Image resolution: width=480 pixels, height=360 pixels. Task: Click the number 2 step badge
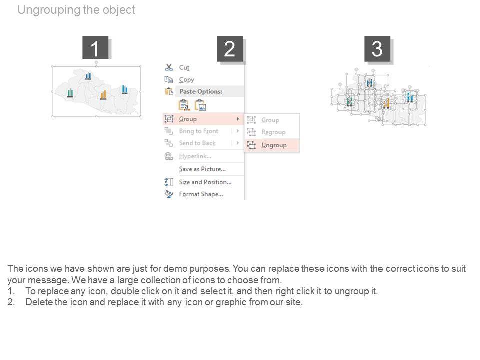[x=229, y=49]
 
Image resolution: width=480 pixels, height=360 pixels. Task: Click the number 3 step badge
[x=377, y=49]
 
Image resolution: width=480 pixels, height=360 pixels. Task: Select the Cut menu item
[x=184, y=67]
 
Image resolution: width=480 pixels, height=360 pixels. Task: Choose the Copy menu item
[x=186, y=79]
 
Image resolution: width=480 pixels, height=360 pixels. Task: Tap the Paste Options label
[x=200, y=92]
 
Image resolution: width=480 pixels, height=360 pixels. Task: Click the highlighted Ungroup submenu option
[x=274, y=145]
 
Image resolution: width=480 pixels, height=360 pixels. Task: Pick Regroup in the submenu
[x=273, y=132]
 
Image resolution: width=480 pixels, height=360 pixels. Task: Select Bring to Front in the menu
[x=198, y=131]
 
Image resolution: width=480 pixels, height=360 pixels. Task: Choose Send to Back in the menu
[x=197, y=143]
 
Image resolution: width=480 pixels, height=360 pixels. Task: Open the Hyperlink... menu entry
[x=195, y=156]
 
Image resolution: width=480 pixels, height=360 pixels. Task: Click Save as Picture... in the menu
[x=202, y=169]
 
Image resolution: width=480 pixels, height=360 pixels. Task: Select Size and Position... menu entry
[x=205, y=182]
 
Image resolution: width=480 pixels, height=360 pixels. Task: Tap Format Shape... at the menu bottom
[x=201, y=194]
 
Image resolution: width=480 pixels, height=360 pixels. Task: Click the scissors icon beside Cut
[x=169, y=67]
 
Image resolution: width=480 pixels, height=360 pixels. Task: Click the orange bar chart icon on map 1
[x=103, y=95]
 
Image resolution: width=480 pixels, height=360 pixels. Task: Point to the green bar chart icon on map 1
[x=70, y=93]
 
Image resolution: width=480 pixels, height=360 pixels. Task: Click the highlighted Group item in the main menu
[x=188, y=119]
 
